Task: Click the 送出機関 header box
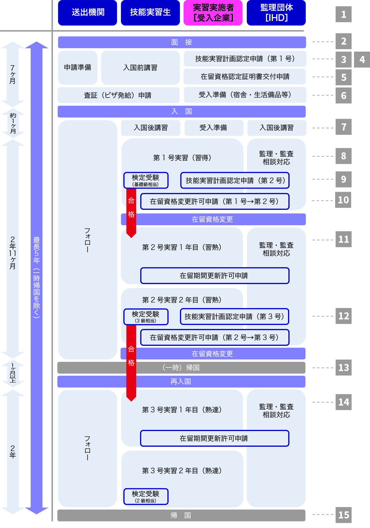pos(88,13)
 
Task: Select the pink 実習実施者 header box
pos(213,13)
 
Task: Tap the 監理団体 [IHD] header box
pos(276,13)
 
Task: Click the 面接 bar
pos(182,42)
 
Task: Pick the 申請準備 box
pos(78,67)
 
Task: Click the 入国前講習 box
pos(140,67)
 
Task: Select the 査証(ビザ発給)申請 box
pos(118,95)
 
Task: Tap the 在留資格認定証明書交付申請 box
pos(245,77)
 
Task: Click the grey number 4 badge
pos(362,59)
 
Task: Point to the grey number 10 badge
pos(343,200)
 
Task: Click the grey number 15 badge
pos(343,515)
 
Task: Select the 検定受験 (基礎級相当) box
pos(146,180)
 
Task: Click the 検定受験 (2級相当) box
pos(146,496)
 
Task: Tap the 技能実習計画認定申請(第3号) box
pos(234,317)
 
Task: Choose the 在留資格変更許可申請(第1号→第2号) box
pos(215,202)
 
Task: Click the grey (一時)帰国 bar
pos(181,368)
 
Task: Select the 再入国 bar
pos(181,382)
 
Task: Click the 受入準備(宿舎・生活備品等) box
pos(245,95)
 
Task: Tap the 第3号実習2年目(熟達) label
pos(182,471)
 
